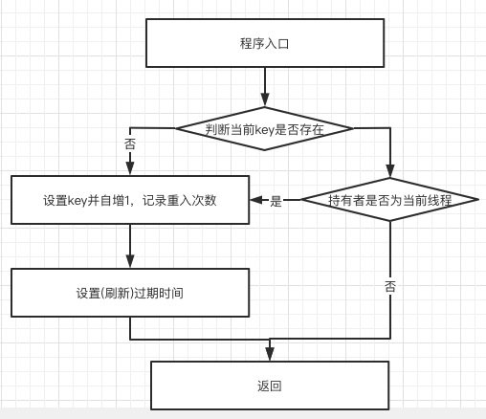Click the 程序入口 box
pos(264,43)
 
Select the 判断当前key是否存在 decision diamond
pos(264,128)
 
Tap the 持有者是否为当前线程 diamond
pos(389,200)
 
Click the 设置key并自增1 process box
pos(129,200)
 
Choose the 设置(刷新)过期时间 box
pos(129,292)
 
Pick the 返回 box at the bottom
pos(270,386)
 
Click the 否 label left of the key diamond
pos(130,143)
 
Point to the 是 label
pos(277,201)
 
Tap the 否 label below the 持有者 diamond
pos(389,286)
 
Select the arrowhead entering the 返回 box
pos(270,355)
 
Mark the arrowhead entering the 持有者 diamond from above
pos(389,171)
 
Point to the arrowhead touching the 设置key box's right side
pos(255,200)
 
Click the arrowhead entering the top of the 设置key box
pos(129,170)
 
